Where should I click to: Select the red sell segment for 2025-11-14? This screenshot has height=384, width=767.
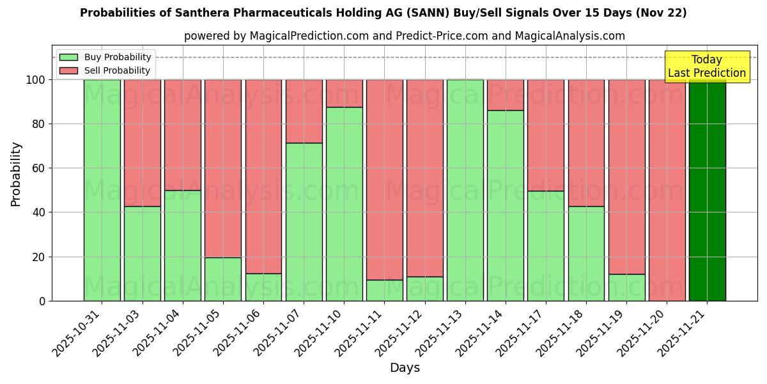pyautogui.click(x=505, y=95)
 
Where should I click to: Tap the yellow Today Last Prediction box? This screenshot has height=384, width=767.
pyautogui.click(x=706, y=67)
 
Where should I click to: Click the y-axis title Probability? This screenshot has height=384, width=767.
pyautogui.click(x=16, y=173)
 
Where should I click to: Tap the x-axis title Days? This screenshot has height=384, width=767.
pyautogui.click(x=405, y=368)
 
